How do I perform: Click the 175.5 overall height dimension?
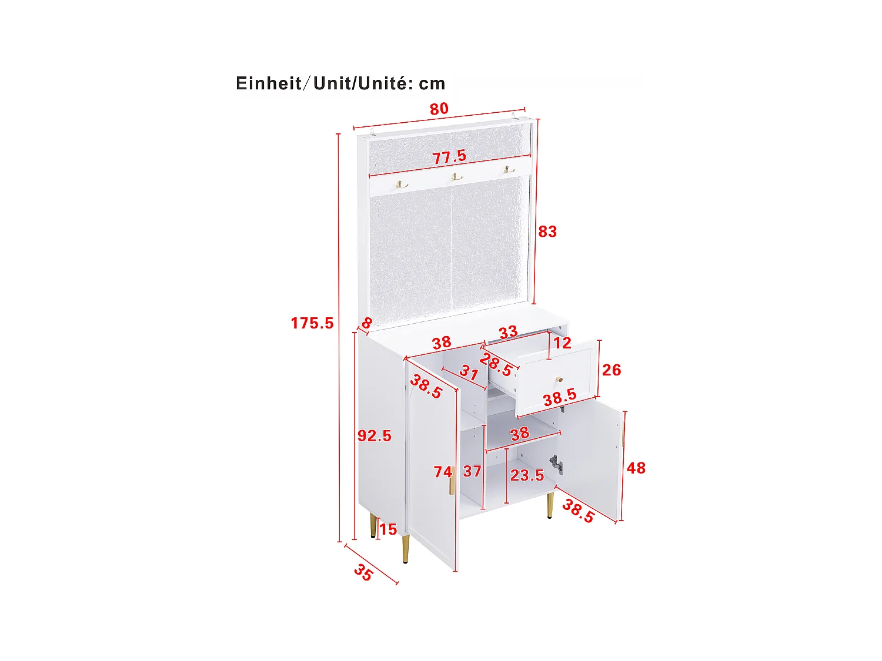[x=312, y=323]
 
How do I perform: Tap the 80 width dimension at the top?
[x=439, y=109]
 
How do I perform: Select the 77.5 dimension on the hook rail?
[x=449, y=157]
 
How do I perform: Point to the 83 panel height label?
[x=547, y=232]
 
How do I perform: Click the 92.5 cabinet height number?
[x=374, y=436]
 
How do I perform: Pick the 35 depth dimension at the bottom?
[x=363, y=573]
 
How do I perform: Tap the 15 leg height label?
[x=387, y=530]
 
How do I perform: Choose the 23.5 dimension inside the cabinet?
[x=527, y=475]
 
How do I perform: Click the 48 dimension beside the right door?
[x=636, y=468]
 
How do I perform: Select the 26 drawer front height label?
[x=611, y=370]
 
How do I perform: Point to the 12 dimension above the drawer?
[x=562, y=343]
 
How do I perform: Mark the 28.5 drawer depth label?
[x=496, y=365]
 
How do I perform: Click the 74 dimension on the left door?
[x=443, y=472]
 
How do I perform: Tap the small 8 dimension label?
[x=367, y=323]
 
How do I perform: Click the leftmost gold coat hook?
[x=402, y=184]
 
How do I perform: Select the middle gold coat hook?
[x=456, y=176]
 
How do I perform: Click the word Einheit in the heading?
[x=269, y=83]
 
